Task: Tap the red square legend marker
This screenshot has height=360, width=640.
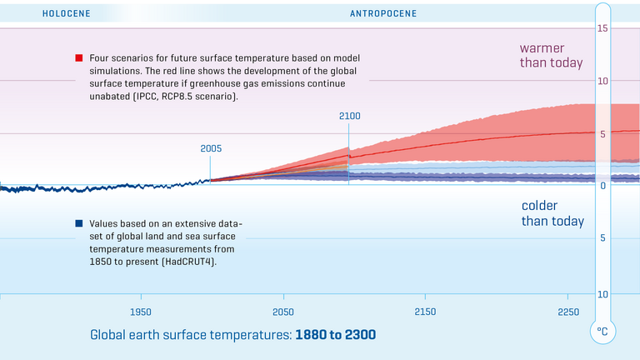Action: (78, 58)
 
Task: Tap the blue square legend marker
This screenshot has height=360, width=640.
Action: (78, 223)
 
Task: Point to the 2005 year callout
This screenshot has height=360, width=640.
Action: (211, 148)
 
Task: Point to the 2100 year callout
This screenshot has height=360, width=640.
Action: (349, 116)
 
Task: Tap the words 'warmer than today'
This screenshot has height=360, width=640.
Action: (551, 56)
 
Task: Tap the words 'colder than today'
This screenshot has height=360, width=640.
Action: (552, 213)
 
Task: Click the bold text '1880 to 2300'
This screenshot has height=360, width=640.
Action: (336, 335)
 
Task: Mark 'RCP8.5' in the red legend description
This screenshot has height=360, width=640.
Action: (195, 97)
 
